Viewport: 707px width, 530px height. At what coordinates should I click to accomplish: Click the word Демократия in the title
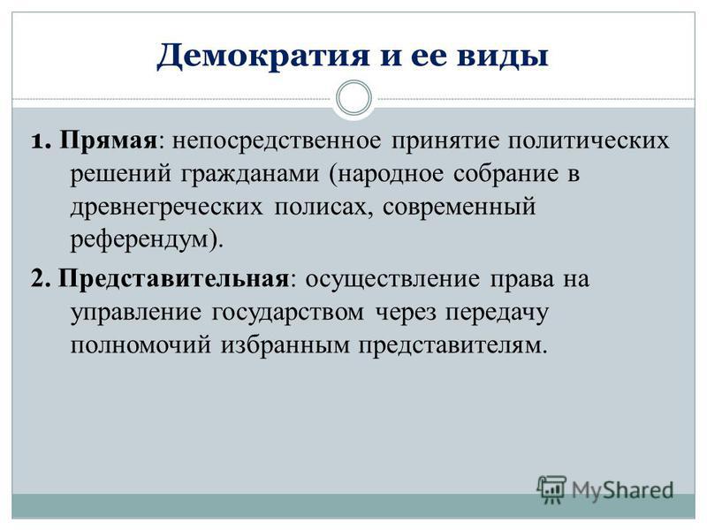tap(263, 57)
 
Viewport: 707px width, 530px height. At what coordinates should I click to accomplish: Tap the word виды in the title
tap(503, 57)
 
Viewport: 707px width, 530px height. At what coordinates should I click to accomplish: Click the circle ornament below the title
tap(354, 98)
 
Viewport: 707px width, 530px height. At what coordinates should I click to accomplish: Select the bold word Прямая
tap(108, 141)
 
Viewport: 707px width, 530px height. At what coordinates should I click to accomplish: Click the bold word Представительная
tap(173, 279)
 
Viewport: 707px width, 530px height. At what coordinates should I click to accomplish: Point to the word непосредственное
tap(277, 141)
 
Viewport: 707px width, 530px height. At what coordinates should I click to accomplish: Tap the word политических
tap(589, 141)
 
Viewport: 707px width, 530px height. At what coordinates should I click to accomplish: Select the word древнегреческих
tap(166, 208)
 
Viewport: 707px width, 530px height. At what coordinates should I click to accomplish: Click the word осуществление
tap(392, 279)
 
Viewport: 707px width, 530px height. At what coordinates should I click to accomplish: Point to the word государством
tap(288, 313)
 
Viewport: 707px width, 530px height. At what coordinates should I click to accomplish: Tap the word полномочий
tap(141, 345)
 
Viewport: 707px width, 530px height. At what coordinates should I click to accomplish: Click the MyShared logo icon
tap(551, 489)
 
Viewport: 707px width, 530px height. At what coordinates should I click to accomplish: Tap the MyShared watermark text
tap(623, 490)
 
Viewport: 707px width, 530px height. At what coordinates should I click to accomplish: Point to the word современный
tap(460, 208)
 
